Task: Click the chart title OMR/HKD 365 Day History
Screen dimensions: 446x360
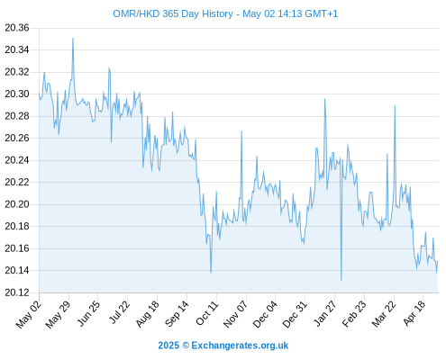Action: [x=173, y=13]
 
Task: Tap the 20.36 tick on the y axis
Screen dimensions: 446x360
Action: [x=17, y=28]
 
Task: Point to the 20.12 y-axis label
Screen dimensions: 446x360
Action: [x=17, y=292]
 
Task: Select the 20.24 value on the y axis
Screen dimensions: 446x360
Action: [x=17, y=160]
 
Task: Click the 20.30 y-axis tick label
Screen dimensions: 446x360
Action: [x=17, y=94]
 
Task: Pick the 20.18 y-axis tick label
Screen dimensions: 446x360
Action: [x=17, y=226]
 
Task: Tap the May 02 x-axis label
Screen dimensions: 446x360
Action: [x=29, y=314]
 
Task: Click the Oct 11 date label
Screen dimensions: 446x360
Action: [x=206, y=313]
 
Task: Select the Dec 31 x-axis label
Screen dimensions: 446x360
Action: [x=295, y=314]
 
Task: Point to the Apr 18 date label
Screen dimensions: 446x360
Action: [x=414, y=313]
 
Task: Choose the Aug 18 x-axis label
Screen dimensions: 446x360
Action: [x=147, y=314]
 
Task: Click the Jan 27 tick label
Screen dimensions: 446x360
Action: [x=324, y=313]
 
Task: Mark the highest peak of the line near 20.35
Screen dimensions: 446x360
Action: [x=73, y=39]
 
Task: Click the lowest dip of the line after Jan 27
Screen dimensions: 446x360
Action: [x=341, y=280]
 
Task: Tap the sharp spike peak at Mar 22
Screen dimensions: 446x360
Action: [x=395, y=105]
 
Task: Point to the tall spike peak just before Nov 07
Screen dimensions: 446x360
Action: [x=241, y=131]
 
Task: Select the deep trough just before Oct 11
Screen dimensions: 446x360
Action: [x=211, y=272]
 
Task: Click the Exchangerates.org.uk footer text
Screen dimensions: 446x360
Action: [x=240, y=346]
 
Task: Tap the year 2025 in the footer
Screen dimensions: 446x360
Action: [x=168, y=346]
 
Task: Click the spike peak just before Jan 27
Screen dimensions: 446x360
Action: [x=324, y=99]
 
